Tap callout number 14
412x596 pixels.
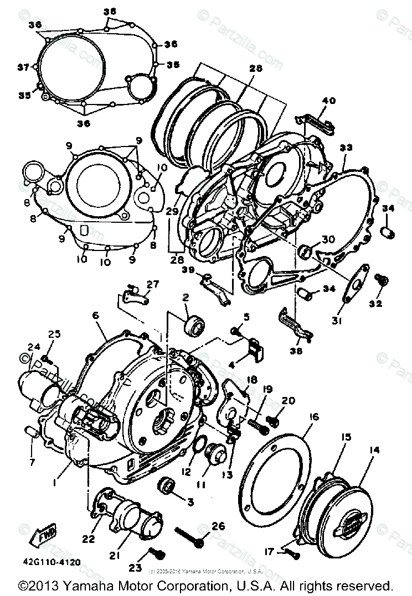point(374,451)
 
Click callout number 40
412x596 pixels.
point(329,101)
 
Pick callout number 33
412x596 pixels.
point(346,148)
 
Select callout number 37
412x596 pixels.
point(23,67)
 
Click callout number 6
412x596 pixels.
point(95,315)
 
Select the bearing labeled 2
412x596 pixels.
point(194,326)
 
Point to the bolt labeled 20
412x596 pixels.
point(271,421)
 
